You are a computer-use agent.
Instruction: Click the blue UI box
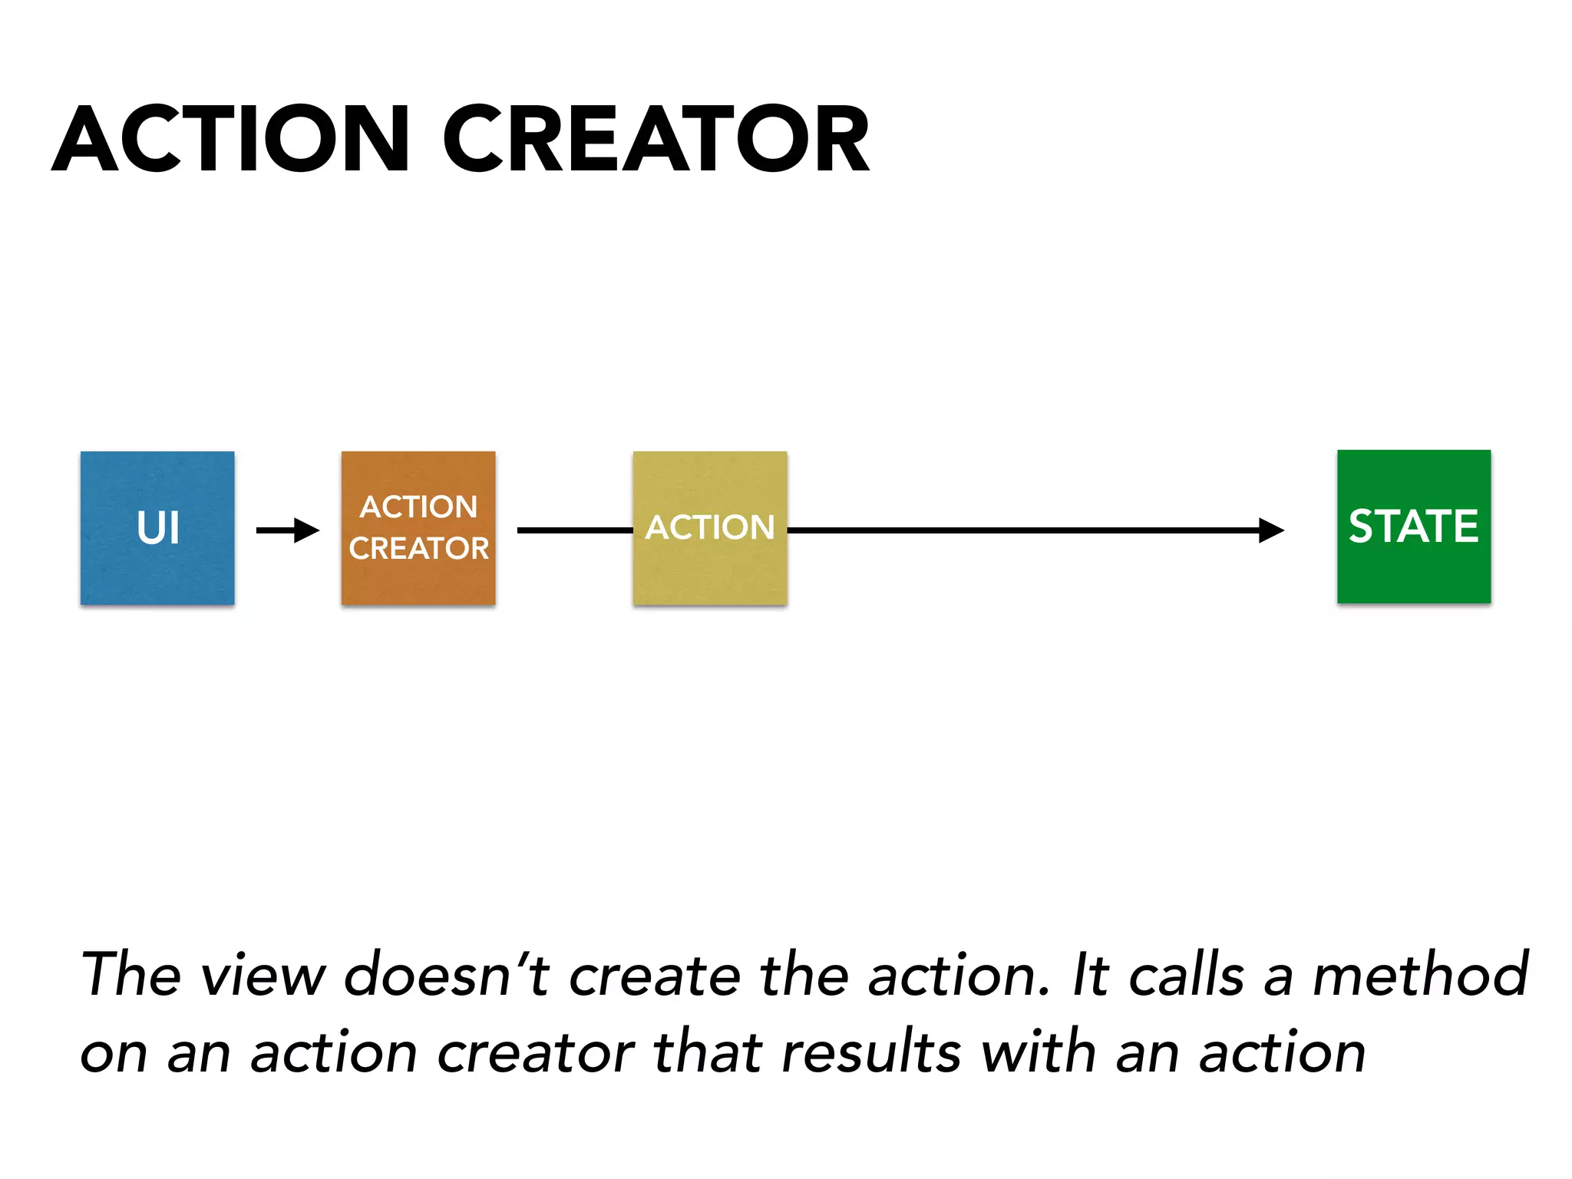(x=157, y=528)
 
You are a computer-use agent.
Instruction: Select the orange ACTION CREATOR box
(x=418, y=528)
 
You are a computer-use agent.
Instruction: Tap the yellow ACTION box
(x=710, y=528)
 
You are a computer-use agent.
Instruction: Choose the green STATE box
(x=1414, y=527)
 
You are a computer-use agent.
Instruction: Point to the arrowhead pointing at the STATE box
(x=1271, y=530)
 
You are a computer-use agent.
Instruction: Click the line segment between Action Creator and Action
(x=574, y=530)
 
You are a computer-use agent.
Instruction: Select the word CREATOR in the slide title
(x=656, y=140)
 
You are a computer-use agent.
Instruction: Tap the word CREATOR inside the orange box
(x=419, y=548)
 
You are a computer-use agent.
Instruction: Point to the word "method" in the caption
(x=1421, y=975)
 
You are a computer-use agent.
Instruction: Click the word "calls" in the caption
(x=1187, y=975)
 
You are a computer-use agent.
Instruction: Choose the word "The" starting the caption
(x=131, y=975)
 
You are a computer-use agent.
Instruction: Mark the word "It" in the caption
(x=1091, y=975)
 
